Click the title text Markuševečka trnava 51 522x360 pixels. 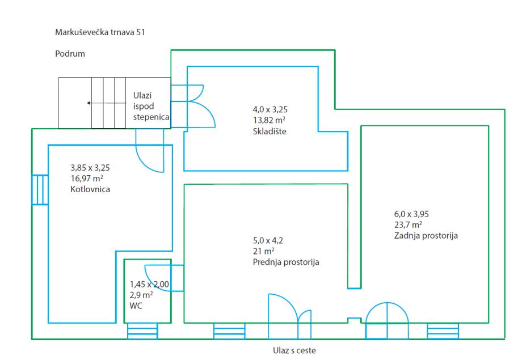click(x=99, y=32)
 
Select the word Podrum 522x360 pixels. click(x=70, y=54)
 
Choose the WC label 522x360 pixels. click(x=137, y=306)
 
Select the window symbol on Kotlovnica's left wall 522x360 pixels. click(x=40, y=189)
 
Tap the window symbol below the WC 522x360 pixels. click(x=142, y=331)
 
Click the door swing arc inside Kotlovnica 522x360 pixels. click(x=150, y=156)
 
